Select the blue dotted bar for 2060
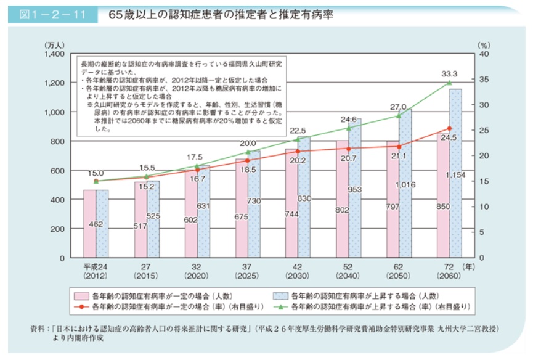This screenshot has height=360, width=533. [x=455, y=173]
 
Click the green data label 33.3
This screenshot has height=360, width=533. [x=449, y=73]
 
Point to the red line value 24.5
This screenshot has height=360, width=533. [x=449, y=138]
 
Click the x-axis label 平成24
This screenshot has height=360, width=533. [x=96, y=267]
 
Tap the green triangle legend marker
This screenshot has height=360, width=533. [x=280, y=306]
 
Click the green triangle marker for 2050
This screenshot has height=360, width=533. [x=399, y=115]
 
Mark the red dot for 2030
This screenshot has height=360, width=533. [x=298, y=151]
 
